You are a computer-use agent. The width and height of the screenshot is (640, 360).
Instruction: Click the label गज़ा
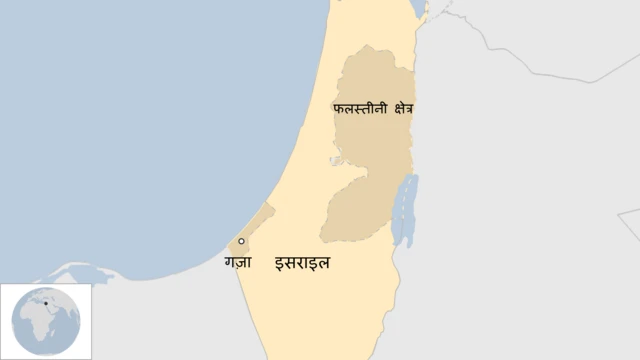click(238, 265)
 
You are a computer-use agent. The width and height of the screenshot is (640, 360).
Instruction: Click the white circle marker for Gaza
click(241, 242)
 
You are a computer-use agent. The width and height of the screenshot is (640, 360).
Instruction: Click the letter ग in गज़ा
click(230, 265)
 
